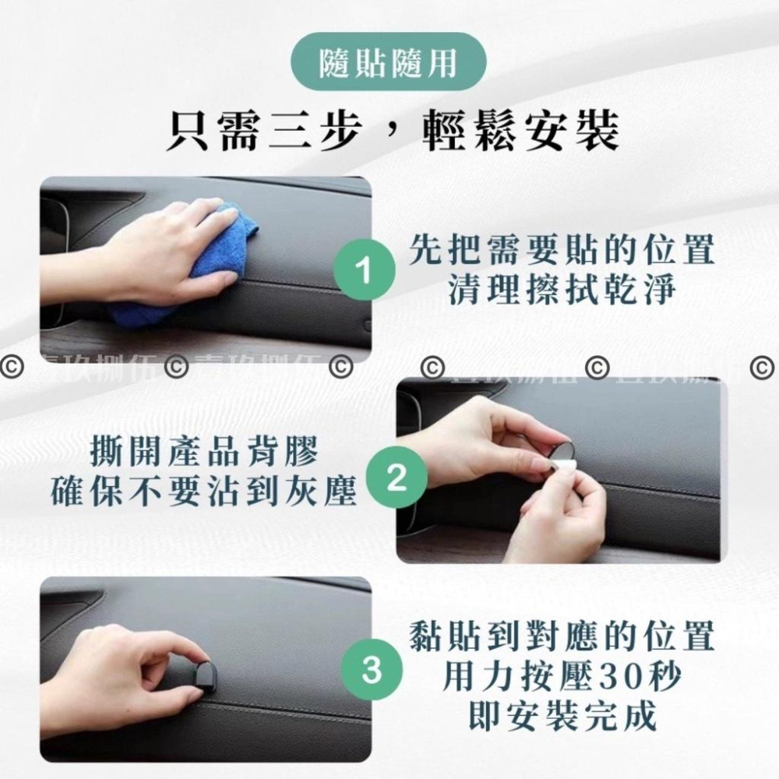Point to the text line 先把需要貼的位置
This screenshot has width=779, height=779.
tap(562, 251)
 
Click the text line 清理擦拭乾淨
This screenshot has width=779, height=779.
tap(562, 290)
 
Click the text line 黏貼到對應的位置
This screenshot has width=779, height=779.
tap(562, 637)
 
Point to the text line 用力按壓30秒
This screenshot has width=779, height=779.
tap(562, 677)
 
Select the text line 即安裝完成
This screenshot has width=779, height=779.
tap(562, 715)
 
